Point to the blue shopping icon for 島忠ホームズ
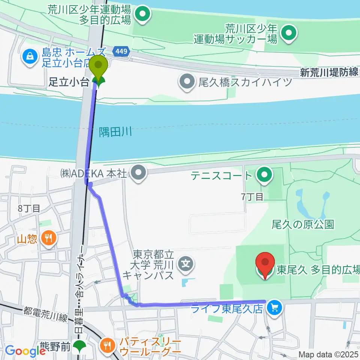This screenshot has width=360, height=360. click(29, 57)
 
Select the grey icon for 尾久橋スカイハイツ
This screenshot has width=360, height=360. click(187, 81)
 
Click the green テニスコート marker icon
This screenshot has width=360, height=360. click(265, 174)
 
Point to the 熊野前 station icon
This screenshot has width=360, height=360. click(79, 346)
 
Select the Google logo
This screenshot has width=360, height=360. click(25, 351)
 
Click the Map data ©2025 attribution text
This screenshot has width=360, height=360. click(328, 354)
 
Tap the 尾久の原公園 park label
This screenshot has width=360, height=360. click(303, 225)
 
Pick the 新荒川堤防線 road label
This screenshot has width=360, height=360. click(329, 72)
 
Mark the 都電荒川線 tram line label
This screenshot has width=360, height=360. click(45, 314)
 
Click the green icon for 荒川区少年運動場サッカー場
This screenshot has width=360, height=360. click(289, 33)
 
